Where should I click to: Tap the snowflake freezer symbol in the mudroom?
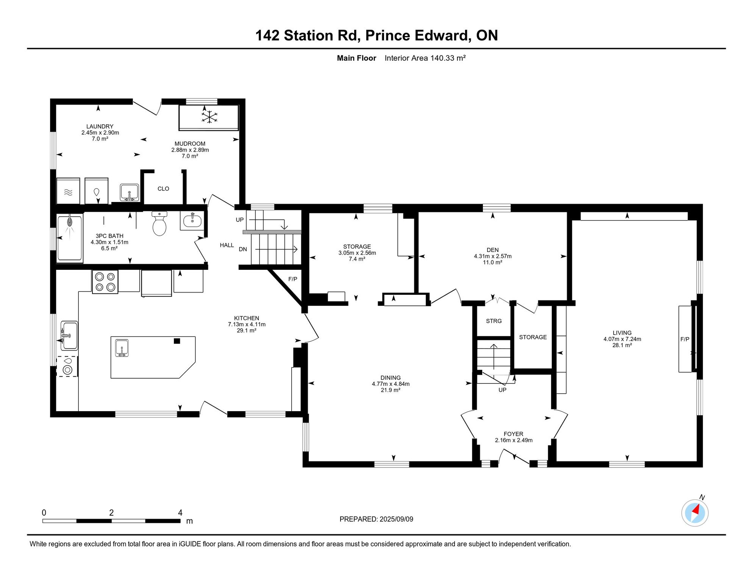pyautogui.click(x=209, y=117)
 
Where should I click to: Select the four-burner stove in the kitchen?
pyautogui.click(x=105, y=282)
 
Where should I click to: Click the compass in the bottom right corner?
pyautogui.click(x=695, y=513)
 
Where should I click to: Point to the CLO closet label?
pyautogui.click(x=163, y=189)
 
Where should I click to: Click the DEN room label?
pyautogui.click(x=492, y=250)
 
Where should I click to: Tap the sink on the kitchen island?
pyautogui.click(x=122, y=348)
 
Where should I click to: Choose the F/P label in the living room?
pyautogui.click(x=685, y=339)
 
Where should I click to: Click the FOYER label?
pyautogui.click(x=513, y=434)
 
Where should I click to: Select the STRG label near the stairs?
pyautogui.click(x=494, y=321)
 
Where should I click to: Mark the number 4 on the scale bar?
pyautogui.click(x=180, y=513)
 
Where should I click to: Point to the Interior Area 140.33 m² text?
pyautogui.click(x=425, y=58)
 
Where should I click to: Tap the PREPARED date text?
pyautogui.click(x=376, y=519)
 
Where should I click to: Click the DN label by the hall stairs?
pyautogui.click(x=243, y=249)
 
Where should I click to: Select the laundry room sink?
pyautogui.click(x=130, y=192)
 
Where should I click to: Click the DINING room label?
pyautogui.click(x=391, y=378)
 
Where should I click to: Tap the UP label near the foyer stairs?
pyautogui.click(x=502, y=390)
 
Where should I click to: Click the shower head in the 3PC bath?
pyautogui.click(x=70, y=221)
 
